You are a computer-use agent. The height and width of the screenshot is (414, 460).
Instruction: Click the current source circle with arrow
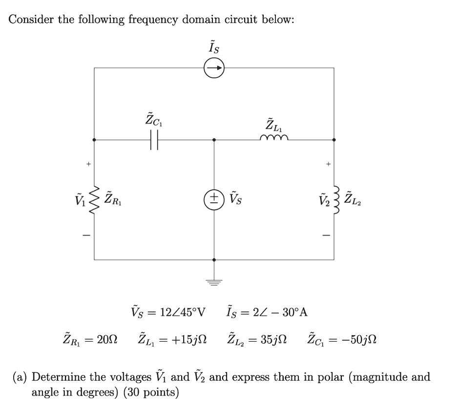click(214, 68)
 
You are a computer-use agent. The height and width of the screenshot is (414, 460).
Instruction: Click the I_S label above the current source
click(214, 48)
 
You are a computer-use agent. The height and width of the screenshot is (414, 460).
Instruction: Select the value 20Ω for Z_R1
click(106, 338)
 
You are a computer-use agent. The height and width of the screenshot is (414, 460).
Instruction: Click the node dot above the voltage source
click(214, 140)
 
